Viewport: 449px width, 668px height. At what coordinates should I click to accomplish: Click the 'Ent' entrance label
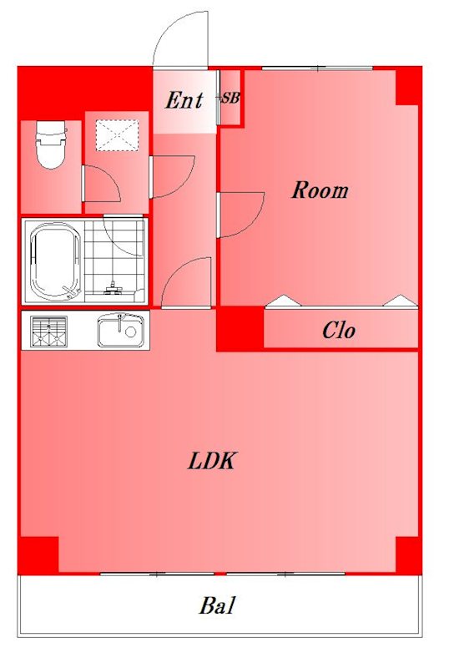(184, 100)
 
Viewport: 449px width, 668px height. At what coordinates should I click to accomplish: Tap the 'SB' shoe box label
(230, 99)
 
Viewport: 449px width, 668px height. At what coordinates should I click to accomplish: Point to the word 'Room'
(320, 190)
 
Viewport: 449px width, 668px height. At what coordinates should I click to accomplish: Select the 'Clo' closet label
(339, 330)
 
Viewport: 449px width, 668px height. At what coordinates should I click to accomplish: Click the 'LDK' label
(212, 461)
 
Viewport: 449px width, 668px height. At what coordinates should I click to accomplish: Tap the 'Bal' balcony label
(217, 605)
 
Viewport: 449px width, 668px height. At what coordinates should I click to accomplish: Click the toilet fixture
(51, 144)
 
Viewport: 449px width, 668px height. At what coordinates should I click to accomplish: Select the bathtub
(54, 261)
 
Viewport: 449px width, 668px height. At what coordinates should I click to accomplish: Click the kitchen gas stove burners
(49, 331)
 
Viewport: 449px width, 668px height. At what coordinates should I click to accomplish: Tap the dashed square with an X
(117, 135)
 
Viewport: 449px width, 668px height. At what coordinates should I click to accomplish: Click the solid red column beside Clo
(240, 328)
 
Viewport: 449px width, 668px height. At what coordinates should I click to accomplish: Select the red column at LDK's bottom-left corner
(38, 554)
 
